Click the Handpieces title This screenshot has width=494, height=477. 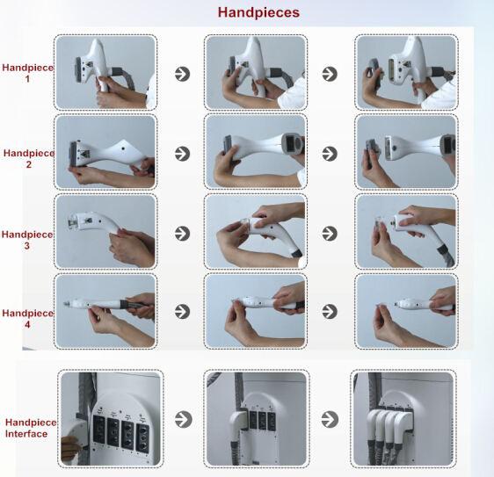(258, 12)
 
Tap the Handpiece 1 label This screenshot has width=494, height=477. (28, 73)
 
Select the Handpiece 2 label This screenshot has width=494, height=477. (29, 158)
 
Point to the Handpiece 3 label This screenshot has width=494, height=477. (27, 240)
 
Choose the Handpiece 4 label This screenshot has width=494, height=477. (28, 318)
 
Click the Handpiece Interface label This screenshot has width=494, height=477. (31, 428)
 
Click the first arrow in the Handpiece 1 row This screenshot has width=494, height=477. (183, 74)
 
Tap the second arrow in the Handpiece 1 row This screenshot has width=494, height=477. (330, 74)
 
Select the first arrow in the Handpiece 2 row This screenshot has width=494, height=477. (183, 154)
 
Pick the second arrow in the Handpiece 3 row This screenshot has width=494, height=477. (330, 234)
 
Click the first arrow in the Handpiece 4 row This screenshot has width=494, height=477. (183, 311)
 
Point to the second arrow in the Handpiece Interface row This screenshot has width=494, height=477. (330, 419)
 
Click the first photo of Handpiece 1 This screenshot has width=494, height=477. (105, 72)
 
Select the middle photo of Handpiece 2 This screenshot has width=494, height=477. (256, 152)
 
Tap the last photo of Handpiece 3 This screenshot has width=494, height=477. (406, 231)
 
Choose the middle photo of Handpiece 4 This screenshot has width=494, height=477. (256, 311)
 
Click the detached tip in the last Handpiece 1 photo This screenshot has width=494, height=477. (374, 72)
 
